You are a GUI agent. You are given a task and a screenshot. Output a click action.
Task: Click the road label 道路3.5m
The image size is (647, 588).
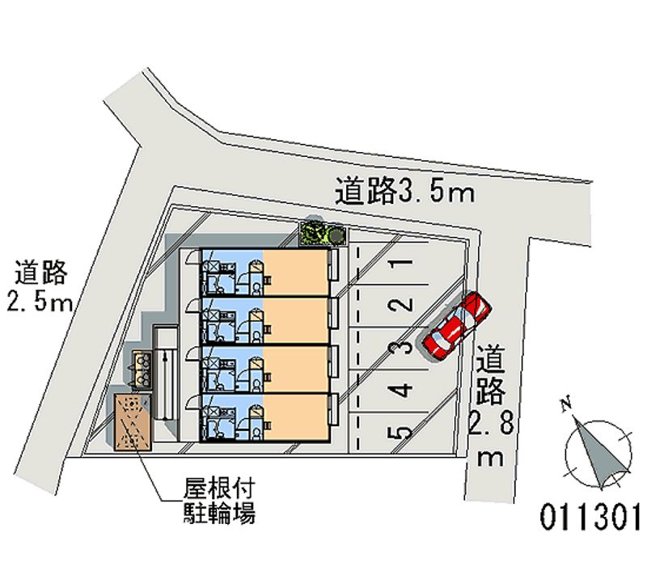[x=404, y=191]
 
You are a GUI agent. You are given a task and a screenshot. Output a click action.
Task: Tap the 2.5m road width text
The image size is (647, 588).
[x=38, y=303]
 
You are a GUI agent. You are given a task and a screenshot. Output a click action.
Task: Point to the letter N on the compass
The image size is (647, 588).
[x=568, y=402]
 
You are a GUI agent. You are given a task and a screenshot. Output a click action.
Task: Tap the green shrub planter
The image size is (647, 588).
[x=322, y=234]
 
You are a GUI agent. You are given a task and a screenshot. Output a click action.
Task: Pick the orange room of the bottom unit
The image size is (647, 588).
[x=295, y=417]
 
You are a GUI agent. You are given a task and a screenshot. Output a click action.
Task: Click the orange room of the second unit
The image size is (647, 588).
[x=295, y=320]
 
